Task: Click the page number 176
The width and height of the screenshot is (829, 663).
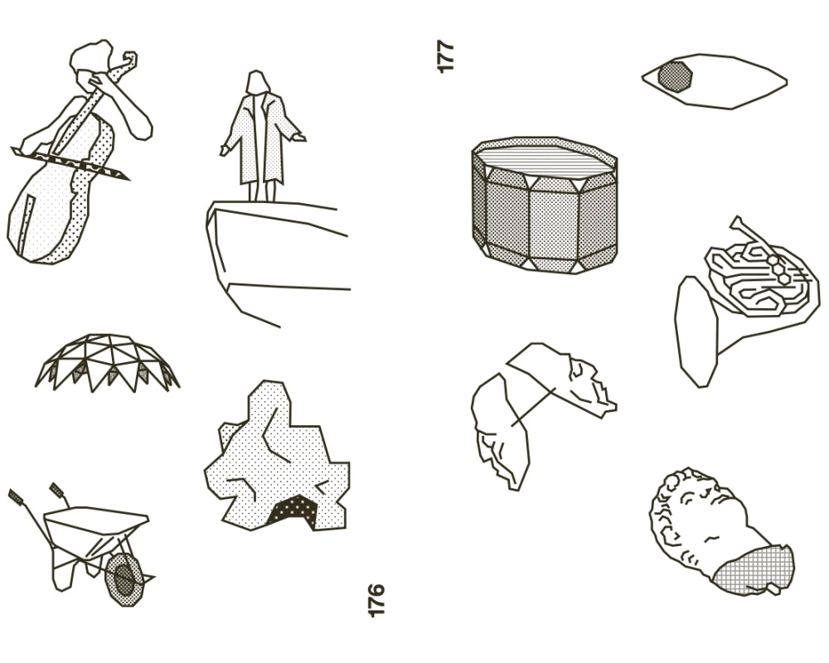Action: [x=376, y=600]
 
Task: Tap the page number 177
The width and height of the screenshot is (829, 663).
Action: [x=446, y=56]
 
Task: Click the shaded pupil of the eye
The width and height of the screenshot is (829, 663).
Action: [x=675, y=77]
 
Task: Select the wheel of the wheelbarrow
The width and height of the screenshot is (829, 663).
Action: [x=124, y=579]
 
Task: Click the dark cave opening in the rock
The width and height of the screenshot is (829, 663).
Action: [x=293, y=511]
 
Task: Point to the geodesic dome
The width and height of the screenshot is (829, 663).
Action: [x=107, y=362]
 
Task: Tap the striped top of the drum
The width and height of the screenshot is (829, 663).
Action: [x=545, y=158]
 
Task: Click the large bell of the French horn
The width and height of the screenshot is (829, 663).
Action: [x=696, y=332]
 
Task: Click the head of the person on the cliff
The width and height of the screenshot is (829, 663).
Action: [x=257, y=82]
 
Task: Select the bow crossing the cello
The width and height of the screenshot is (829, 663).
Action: [x=70, y=163]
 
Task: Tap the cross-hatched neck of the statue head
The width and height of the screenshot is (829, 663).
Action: [x=754, y=570]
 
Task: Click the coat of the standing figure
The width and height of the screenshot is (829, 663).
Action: [x=261, y=138]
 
